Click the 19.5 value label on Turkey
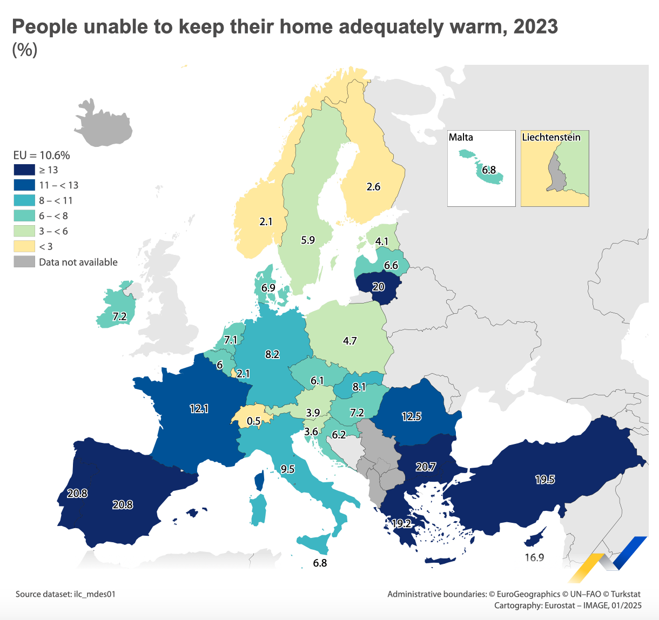point(544,480)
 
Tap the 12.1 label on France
point(199,409)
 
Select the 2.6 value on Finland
point(373,187)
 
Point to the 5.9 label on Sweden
point(308,240)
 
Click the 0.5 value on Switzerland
point(254,421)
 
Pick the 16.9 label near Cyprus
point(534,557)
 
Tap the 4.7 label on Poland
point(350,341)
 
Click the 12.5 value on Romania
point(412,416)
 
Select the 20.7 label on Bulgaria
point(426,467)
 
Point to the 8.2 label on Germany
point(272,354)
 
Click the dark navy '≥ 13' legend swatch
point(24,170)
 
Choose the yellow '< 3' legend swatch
point(24,247)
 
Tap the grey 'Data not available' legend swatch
point(24,262)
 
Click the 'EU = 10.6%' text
point(42,156)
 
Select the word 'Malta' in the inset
point(461,137)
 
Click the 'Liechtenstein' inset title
point(551,137)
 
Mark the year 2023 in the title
point(535,26)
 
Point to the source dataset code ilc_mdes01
point(96,594)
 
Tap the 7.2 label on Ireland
point(119,316)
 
